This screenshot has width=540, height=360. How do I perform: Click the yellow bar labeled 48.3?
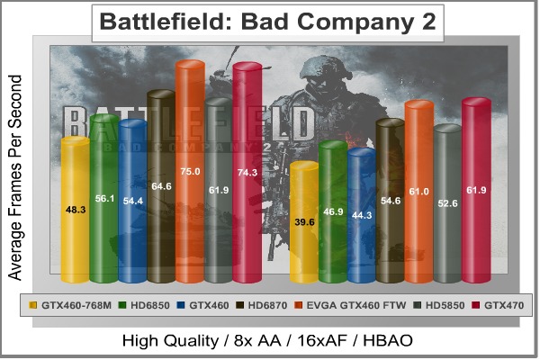[75, 207]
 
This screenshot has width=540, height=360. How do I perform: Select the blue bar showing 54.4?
[132, 200]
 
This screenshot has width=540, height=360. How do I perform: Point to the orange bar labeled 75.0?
[189, 171]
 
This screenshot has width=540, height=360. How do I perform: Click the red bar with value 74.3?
[247, 171]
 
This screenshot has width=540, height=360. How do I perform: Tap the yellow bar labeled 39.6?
[305, 220]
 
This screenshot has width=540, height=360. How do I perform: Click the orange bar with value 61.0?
[419, 191]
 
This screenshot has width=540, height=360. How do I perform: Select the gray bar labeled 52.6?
[447, 202]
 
